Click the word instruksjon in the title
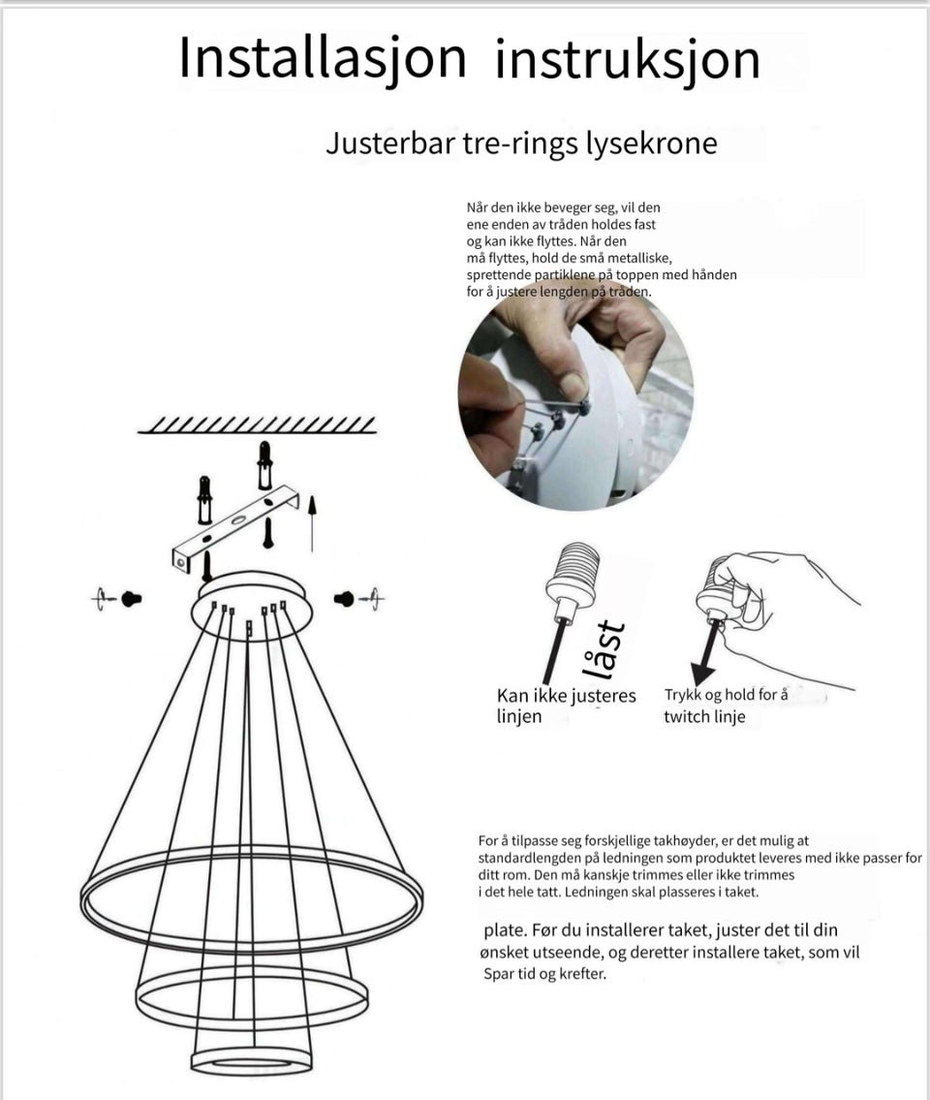626,60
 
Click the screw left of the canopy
132,598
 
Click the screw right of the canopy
346,599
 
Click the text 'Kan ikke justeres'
567,696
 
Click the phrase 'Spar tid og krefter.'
544,974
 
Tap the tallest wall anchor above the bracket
263,465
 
